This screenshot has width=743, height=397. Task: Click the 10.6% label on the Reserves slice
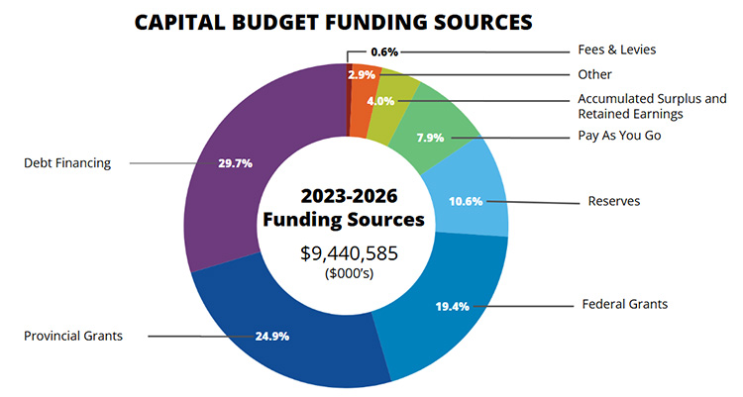(x=466, y=201)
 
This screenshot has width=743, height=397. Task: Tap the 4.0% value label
(x=380, y=100)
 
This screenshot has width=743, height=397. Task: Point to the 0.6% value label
(x=381, y=51)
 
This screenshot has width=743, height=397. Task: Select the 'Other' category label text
(x=595, y=74)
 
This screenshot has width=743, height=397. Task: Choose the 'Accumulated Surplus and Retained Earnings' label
(x=652, y=106)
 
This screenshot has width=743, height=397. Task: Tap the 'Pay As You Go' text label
(x=619, y=136)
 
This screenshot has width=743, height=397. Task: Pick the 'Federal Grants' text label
(x=625, y=304)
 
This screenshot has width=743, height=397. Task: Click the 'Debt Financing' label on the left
(x=67, y=162)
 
